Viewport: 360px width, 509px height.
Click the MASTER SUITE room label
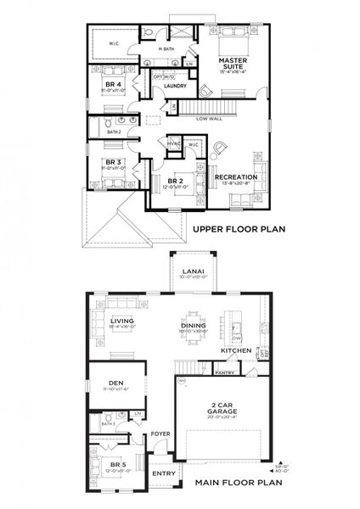tap(231, 64)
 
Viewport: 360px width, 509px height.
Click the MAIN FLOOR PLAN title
tap(238, 484)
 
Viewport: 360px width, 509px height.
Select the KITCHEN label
tap(234, 350)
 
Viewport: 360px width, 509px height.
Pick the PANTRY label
tap(224, 372)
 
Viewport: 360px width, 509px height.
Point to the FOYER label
tap(160, 434)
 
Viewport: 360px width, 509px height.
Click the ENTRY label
tap(161, 473)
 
